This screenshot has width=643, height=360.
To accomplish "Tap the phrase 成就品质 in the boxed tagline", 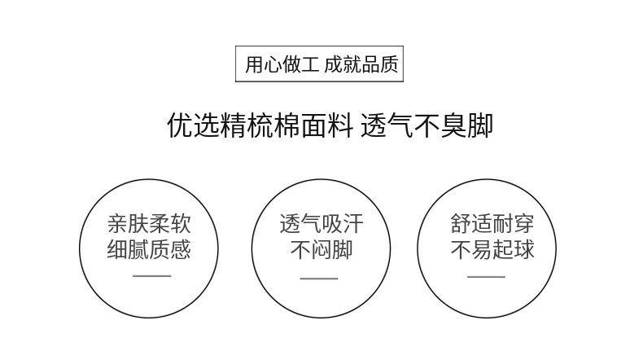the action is point(361,65).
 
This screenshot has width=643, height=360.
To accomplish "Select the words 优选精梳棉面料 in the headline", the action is point(258,126).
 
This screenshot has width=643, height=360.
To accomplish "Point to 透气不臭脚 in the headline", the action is point(426,126).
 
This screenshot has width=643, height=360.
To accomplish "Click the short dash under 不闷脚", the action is point(319,278).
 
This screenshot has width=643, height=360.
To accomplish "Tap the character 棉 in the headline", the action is point(286,126).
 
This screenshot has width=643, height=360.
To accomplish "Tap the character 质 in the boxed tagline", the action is point(390,65).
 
